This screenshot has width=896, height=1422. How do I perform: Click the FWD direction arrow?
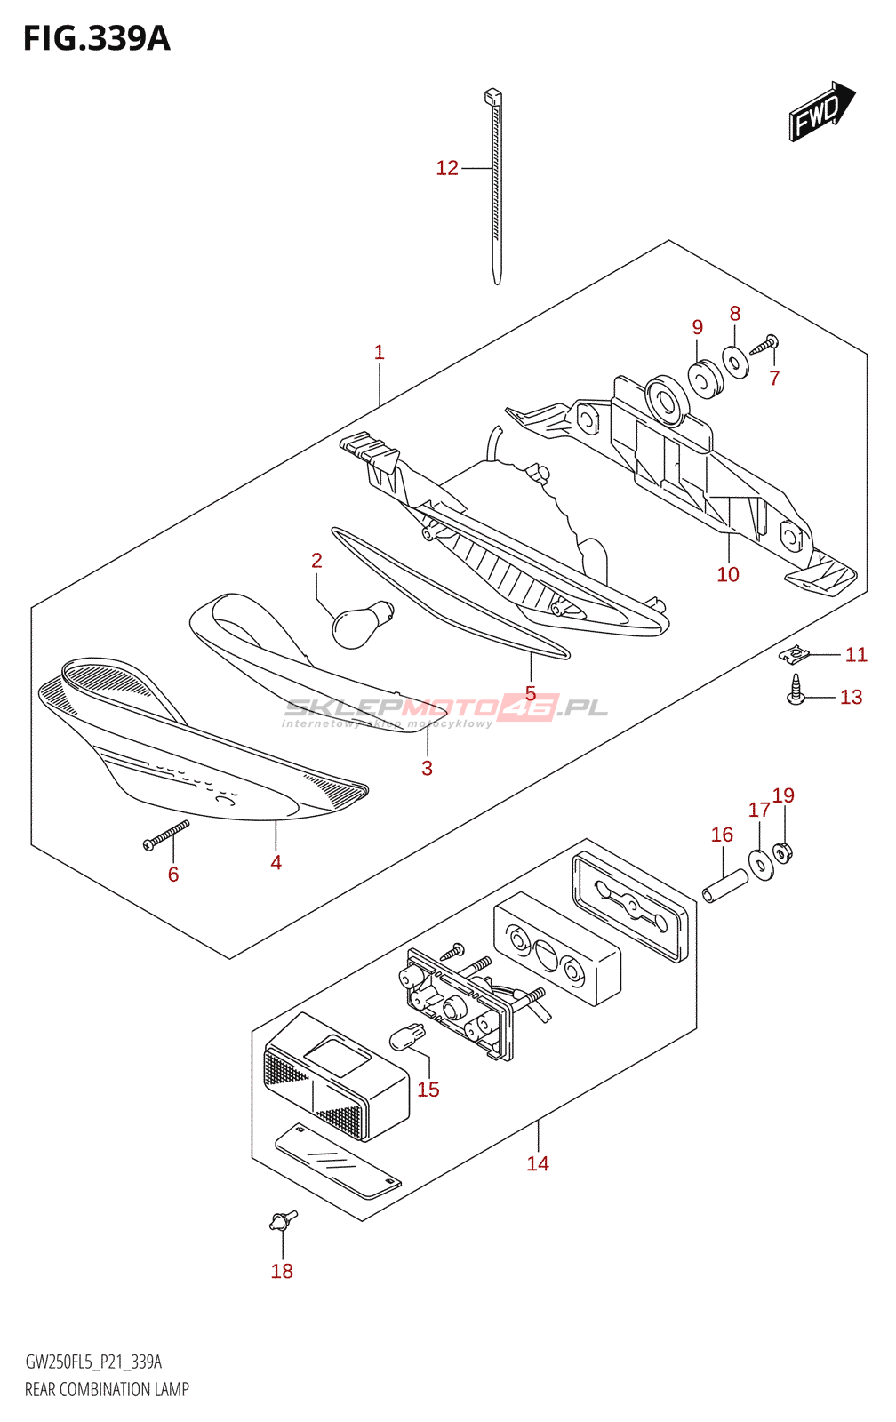point(820,111)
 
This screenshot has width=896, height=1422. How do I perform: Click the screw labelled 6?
point(166,835)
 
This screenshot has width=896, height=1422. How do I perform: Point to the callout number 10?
point(728,575)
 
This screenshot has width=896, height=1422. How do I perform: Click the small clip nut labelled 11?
point(795,655)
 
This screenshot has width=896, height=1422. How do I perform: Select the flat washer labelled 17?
point(761,863)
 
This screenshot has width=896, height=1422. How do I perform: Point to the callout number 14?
point(538,1164)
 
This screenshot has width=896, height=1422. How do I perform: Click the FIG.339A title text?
point(96,39)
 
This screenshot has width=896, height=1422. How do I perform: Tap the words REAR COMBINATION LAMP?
point(107,1390)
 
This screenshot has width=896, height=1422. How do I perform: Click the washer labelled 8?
point(736,361)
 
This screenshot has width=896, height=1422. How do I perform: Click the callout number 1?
point(380,353)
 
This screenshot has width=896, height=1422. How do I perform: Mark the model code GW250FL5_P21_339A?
point(93,1362)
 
